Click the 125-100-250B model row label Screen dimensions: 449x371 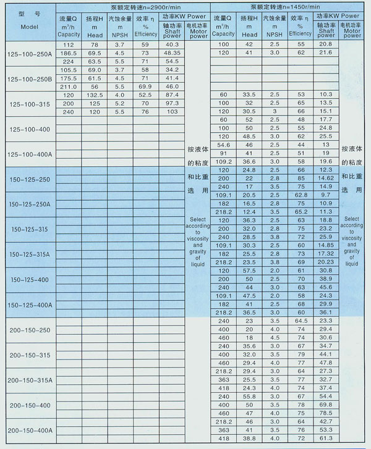[29, 79]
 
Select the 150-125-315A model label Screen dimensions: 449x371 [29, 254]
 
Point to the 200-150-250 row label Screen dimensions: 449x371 [29, 330]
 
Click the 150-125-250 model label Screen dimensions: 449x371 [29, 178]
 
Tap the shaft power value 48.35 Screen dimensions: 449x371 [173, 54]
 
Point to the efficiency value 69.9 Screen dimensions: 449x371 [145, 87]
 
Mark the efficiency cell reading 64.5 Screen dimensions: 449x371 [301, 321]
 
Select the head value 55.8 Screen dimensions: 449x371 [249, 396]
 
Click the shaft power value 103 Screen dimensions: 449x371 [173, 112]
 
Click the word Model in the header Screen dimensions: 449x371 [28, 28]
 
